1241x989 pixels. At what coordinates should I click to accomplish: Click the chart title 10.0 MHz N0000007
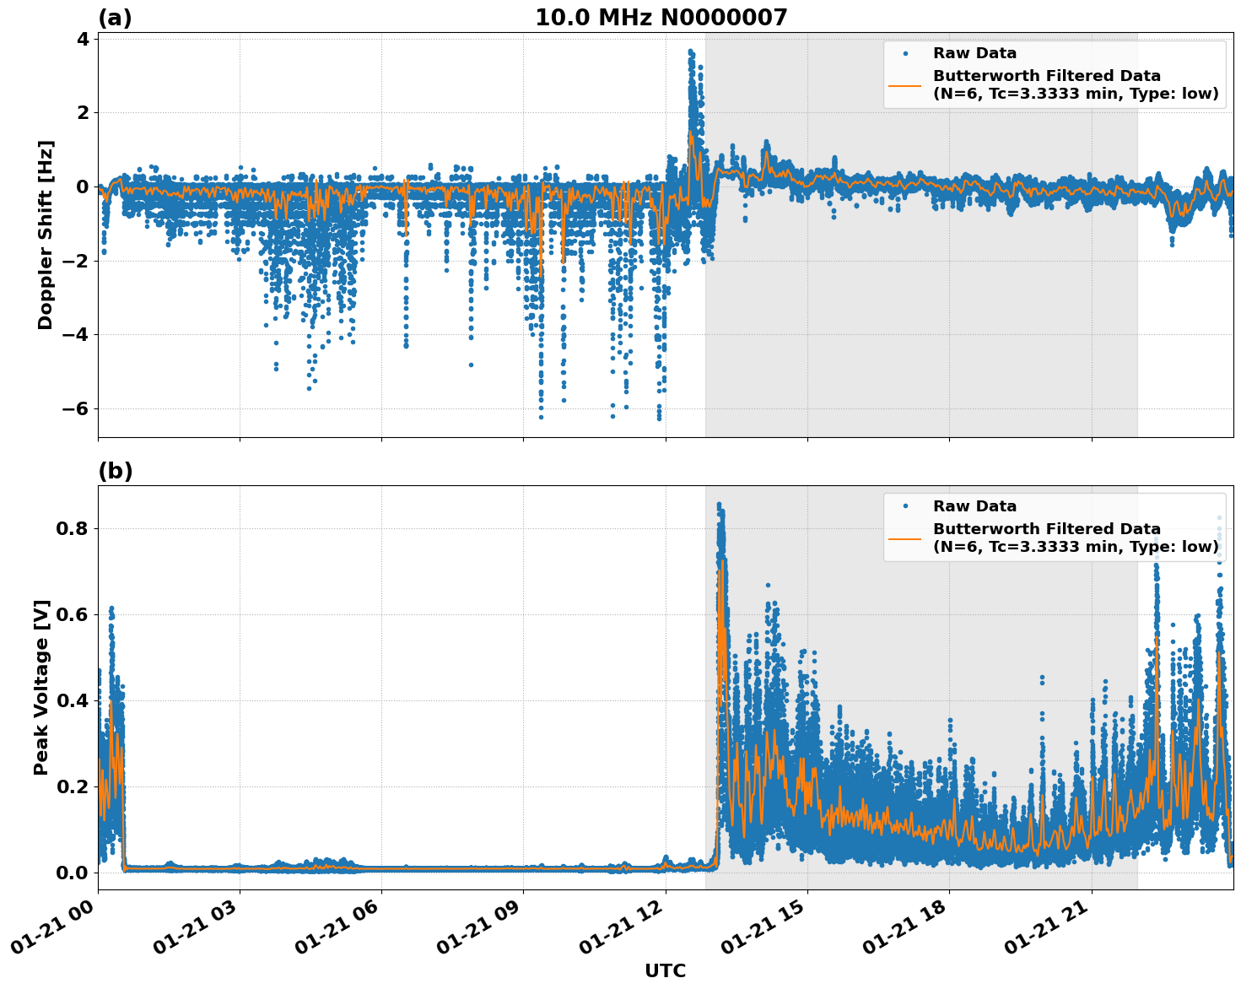coord(661,18)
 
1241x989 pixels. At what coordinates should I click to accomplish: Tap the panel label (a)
coord(115,18)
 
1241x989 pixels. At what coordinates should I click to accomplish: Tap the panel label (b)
coord(116,471)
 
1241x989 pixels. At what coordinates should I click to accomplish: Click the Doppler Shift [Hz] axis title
coord(46,235)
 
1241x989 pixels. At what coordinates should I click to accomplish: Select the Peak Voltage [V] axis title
coord(41,687)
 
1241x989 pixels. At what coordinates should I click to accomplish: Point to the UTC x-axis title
coord(665,971)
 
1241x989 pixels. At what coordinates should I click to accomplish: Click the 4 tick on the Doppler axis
coord(83,39)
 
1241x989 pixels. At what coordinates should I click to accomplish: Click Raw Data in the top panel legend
coord(974,53)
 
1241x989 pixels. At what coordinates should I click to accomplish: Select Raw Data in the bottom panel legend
coord(974,506)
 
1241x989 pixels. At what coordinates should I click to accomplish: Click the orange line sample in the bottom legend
coord(905,538)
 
